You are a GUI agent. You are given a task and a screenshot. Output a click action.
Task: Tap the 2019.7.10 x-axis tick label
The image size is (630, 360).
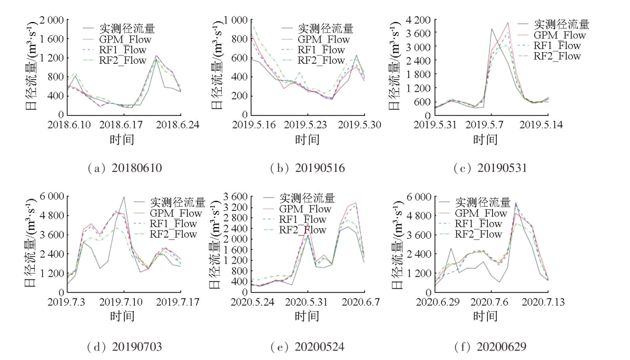tap(124, 303)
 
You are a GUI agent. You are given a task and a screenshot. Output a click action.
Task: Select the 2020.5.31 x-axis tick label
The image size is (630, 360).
tap(308, 303)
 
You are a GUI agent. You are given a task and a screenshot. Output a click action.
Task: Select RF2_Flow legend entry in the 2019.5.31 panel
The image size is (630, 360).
tap(557, 56)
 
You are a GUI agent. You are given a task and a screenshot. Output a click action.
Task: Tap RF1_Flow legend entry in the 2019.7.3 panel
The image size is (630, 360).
tap(173, 223)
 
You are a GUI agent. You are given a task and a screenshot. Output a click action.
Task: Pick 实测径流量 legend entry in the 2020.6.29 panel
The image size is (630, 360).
tap(483, 202)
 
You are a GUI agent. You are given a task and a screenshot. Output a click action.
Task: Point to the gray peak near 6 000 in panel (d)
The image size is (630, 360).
tap(124, 198)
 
